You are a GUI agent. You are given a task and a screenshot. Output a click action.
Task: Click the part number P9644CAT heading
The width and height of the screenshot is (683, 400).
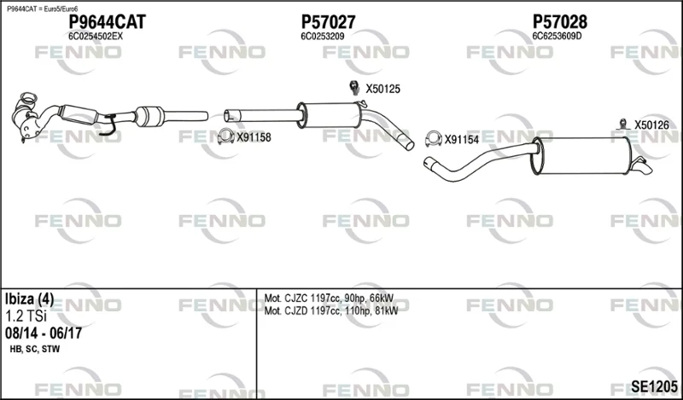pos(108,22)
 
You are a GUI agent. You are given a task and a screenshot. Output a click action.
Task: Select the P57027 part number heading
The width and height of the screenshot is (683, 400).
pos(329,22)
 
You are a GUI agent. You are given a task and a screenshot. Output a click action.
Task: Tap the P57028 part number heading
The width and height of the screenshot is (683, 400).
pos(560,22)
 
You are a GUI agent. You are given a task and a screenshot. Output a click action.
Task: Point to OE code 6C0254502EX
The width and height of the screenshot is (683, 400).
pos(96,37)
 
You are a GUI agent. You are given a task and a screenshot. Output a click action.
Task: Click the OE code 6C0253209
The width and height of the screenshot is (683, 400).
pos(323,37)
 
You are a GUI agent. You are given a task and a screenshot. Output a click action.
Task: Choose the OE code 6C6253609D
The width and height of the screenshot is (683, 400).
pos(557,37)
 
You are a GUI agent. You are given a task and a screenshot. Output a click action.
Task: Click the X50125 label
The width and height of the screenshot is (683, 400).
pos(382,90)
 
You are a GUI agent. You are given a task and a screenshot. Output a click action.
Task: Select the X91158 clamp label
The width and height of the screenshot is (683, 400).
pos(254,137)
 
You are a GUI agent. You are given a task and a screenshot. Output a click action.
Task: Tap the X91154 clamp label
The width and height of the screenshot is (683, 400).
pos(462,140)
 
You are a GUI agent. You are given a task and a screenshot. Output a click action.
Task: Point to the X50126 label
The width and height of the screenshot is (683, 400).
pos(651,125)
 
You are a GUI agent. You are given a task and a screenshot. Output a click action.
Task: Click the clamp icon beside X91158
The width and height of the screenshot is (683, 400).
pos(225,136)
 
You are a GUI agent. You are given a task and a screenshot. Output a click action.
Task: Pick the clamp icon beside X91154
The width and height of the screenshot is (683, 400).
pos(434,138)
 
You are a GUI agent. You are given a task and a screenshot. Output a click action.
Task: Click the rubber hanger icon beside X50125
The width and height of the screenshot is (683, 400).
pos(354,87)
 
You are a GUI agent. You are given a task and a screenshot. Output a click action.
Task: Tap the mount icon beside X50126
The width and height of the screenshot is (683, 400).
pos(623,124)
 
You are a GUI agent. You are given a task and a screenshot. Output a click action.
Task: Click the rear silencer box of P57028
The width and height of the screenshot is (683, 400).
pos(582,156)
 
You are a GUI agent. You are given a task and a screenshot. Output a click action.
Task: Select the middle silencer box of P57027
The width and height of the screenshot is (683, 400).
pos(330,115)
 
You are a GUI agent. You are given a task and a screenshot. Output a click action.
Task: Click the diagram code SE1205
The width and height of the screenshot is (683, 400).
pos(654,386)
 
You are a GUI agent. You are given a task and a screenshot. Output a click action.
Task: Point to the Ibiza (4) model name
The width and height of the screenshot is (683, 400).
pos(29,299)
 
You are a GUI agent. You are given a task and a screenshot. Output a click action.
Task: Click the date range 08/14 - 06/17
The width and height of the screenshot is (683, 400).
pos(44,333)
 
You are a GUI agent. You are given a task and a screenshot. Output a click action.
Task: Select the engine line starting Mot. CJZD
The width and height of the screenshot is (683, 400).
pos(331,310)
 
